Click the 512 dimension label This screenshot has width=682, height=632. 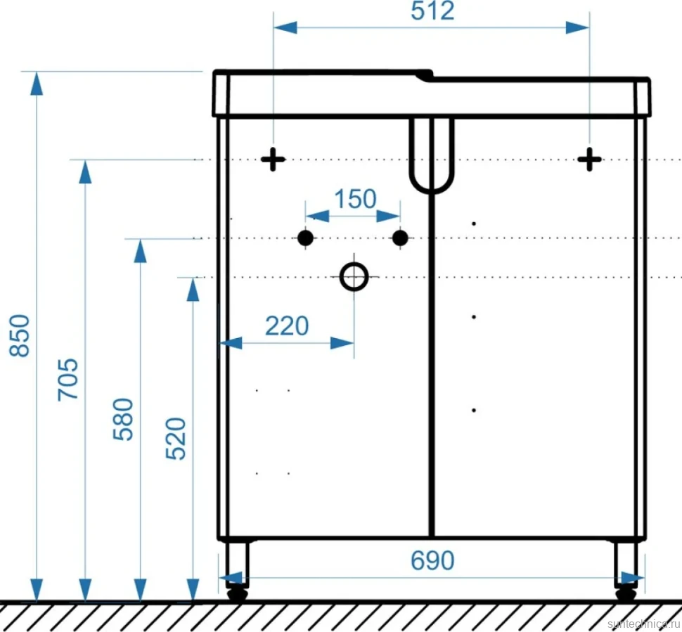432,11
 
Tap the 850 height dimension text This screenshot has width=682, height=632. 20,335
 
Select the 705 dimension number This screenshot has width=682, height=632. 68,380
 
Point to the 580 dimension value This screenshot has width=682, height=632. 123,419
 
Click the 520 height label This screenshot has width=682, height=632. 176,438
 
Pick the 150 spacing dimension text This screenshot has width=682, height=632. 355,199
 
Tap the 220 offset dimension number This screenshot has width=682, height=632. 287,325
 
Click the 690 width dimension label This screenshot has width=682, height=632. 432,561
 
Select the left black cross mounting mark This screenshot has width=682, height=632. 273,160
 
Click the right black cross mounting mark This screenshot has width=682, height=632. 589,160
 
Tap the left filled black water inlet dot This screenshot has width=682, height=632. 305,238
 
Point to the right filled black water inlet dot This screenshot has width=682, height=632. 400,238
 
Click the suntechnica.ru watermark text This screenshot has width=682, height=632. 644,624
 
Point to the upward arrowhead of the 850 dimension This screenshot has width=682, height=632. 37,84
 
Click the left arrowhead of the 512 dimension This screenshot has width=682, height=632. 285,28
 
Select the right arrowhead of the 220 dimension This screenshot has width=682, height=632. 342,343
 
